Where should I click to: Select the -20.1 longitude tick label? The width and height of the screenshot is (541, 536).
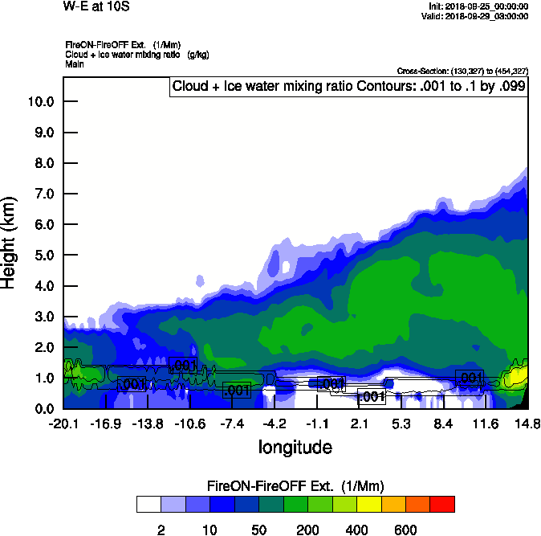pyautogui.click(x=63, y=423)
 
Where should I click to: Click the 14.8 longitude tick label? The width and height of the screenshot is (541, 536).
pyautogui.click(x=527, y=423)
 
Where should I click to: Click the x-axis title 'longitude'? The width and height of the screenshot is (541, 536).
pyautogui.click(x=295, y=446)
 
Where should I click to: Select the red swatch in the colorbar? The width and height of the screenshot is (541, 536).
pyautogui.click(x=442, y=505)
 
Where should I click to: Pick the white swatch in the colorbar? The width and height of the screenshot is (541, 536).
pyautogui.click(x=148, y=505)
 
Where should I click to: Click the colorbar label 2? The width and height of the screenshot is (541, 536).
pyautogui.click(x=161, y=530)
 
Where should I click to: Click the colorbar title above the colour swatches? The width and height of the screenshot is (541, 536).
pyautogui.click(x=295, y=486)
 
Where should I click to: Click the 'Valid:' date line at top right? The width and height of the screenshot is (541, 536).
pyautogui.click(x=477, y=15)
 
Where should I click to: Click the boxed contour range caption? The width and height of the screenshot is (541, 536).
pyautogui.click(x=348, y=87)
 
